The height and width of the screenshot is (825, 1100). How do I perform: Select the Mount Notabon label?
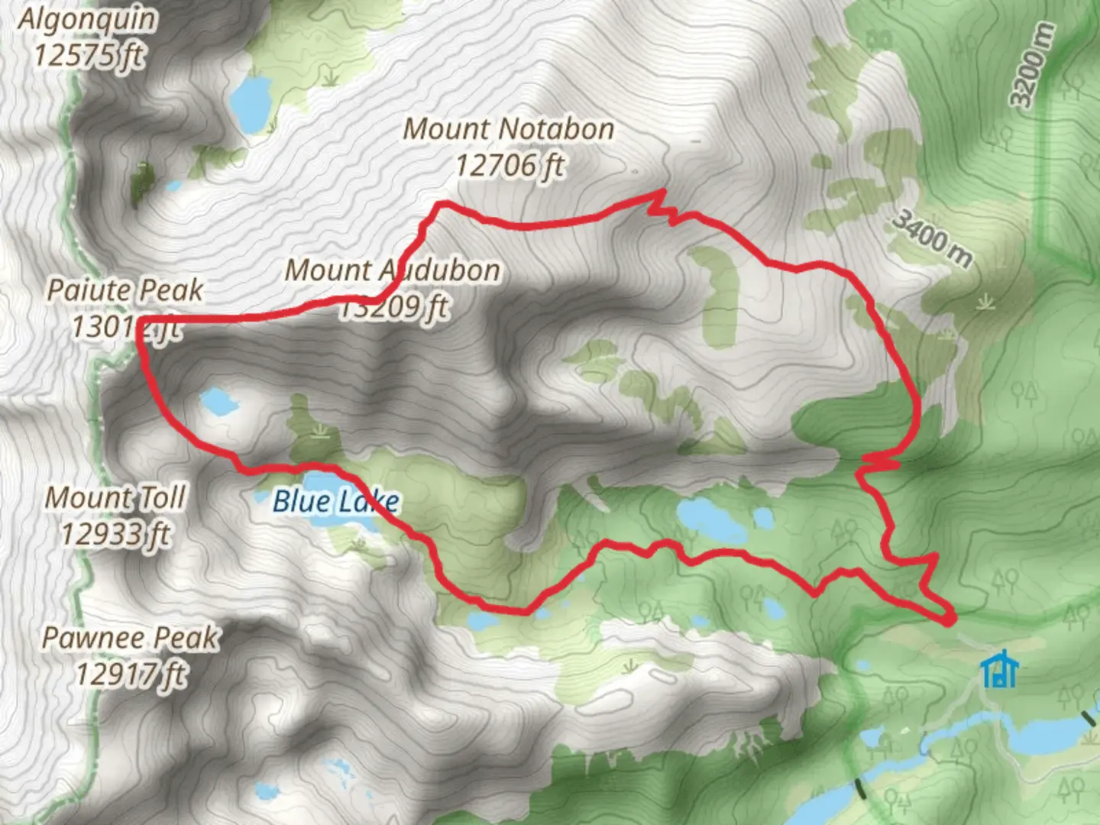[509, 129]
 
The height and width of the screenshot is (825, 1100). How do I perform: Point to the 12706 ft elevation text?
[510, 164]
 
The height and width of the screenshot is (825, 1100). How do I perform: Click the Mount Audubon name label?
[393, 270]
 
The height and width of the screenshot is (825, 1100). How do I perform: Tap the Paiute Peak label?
[125, 290]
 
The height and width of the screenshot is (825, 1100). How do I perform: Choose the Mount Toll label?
[115, 498]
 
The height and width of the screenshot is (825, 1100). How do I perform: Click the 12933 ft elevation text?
[115, 534]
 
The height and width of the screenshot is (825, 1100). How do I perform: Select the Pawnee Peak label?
[130, 638]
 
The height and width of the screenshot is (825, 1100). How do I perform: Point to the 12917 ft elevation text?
[131, 674]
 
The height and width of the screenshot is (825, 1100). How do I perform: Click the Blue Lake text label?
[336, 501]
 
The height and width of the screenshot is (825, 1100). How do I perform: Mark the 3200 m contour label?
[1033, 66]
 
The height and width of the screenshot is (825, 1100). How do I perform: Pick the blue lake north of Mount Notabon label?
[248, 103]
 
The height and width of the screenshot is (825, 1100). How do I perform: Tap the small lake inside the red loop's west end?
[218, 402]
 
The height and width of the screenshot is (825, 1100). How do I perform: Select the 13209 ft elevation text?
[393, 307]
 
